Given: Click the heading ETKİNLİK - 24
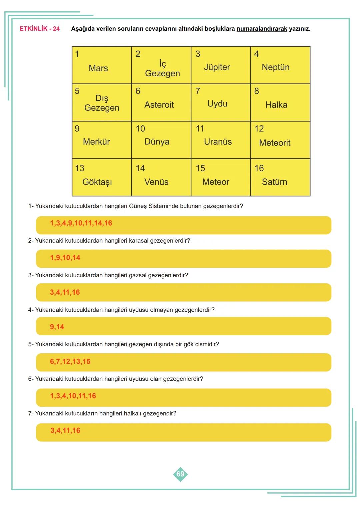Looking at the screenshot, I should click(40, 29).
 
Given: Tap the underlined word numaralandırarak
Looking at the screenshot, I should click(262, 29).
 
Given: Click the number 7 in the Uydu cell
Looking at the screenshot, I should click(198, 91).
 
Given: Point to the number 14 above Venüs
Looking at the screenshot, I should click(140, 168).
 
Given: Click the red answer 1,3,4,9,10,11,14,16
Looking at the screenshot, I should click(81, 223).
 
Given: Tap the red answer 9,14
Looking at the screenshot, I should click(57, 327).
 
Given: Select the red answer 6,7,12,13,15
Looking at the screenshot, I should click(70, 362).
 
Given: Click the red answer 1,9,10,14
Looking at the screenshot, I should click(65, 258).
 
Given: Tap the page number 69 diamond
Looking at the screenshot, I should click(180, 474).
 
